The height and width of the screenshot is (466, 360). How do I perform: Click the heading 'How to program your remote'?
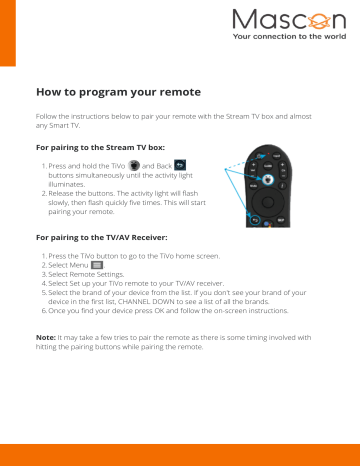pyautogui.click(x=118, y=92)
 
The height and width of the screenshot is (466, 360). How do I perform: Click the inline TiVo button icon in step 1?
pyautogui.click(x=135, y=163)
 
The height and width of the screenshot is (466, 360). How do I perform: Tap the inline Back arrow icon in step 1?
pyautogui.click(x=180, y=163)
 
